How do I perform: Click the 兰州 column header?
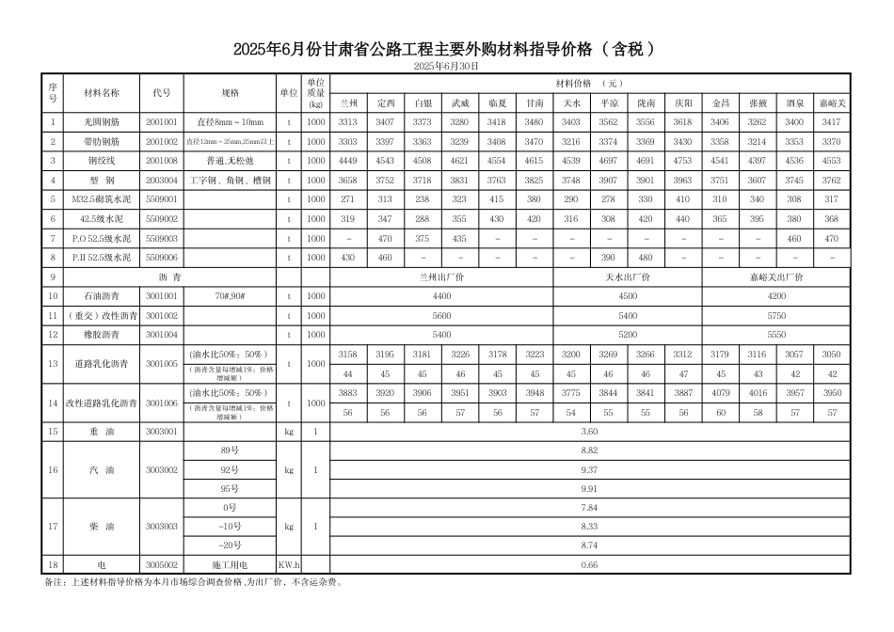pos(347,102)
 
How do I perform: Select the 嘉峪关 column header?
pos(831,102)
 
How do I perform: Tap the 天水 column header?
pos(571,102)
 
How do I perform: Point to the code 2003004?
pos(161,180)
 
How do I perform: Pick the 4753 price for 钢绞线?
pos(682,160)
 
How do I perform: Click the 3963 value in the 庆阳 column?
pos(682,180)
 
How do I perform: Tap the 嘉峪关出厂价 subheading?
pos(776,277)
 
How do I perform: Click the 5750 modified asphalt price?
pos(776,315)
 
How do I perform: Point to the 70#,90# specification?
pos(230,296)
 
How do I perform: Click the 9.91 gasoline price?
pos(589,488)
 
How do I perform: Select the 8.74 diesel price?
pos(589,545)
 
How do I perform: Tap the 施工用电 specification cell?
pos(230,564)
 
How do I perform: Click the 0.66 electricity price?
pos(589,564)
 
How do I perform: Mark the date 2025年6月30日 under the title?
pos(446,66)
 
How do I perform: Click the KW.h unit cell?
pos(288,564)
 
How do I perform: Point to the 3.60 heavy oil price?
pos(589,431)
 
